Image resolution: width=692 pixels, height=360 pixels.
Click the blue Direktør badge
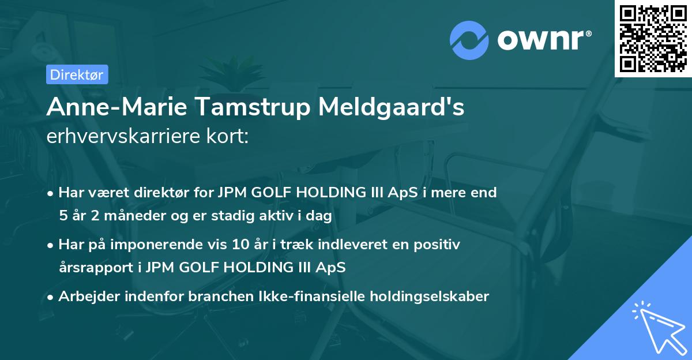point(77,74)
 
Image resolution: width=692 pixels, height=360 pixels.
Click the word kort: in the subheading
point(229,136)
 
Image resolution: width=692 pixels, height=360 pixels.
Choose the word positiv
point(438,245)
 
